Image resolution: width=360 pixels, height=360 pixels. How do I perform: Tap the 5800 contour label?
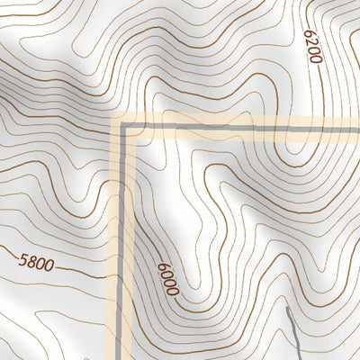coord(34,264)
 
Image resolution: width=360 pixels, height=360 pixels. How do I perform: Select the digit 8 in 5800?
coord(30,264)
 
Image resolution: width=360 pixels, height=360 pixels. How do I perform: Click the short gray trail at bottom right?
coord(293,333)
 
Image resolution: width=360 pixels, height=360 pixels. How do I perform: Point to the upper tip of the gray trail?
coord(287,308)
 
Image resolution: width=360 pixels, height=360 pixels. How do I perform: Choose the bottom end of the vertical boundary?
coord(120,358)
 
